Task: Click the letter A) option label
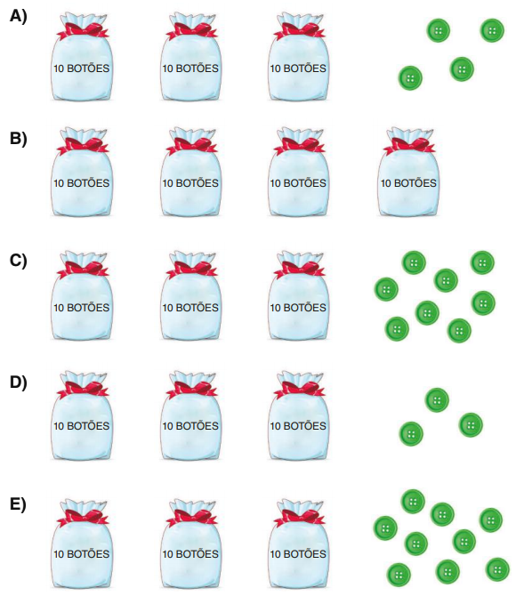pos(19,16)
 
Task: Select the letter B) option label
pos(19,139)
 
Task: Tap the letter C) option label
pos(19,261)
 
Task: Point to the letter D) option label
pos(19,383)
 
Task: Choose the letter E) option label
pos(18,504)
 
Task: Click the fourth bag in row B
pos(408,173)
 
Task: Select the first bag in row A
pos(81,57)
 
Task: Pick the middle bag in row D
pos(190,415)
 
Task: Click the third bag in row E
pos(298,544)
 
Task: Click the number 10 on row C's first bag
pos(59,308)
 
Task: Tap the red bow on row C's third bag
pos(299,270)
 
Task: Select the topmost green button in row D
pos(437,400)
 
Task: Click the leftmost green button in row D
pos(411,434)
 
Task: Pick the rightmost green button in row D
pos(471,425)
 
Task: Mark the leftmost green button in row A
pos(410,78)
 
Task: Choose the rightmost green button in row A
pos(493,30)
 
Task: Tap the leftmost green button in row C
pos(386,289)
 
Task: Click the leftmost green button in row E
pos(385,528)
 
